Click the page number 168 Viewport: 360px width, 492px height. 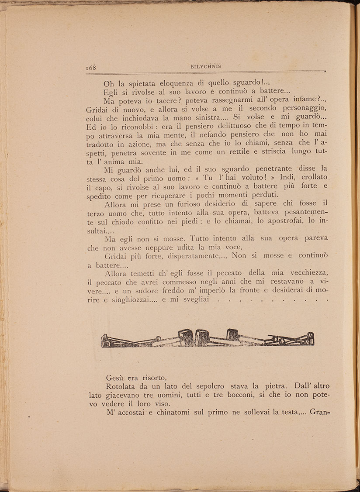91,67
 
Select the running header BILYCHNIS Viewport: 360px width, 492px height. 206,66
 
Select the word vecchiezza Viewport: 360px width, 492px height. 304,273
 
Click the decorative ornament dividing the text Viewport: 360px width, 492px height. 208,338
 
